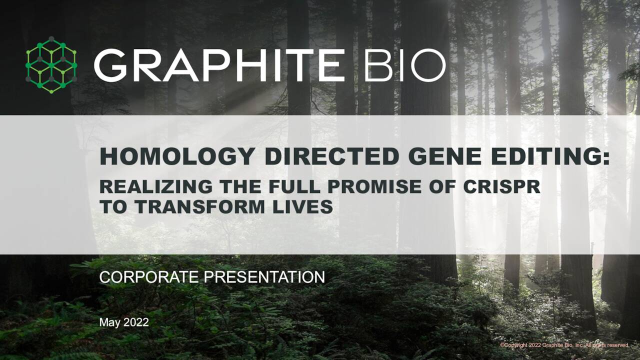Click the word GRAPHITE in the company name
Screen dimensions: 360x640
click(219, 65)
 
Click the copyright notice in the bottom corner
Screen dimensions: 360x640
click(564, 345)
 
